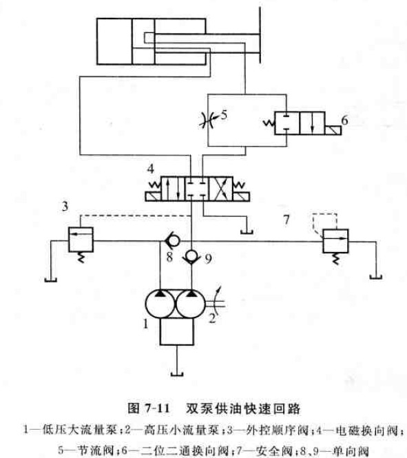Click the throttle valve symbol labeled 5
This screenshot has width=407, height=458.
pos(208,119)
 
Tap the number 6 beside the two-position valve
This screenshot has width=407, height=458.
pos(344,120)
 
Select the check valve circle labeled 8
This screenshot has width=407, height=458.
pos(172,240)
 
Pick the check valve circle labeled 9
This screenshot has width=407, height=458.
pos(191,256)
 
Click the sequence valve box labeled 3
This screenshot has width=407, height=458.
pos(81,240)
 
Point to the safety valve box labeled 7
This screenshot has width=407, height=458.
pos(335,241)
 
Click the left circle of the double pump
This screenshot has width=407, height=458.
pos(160,304)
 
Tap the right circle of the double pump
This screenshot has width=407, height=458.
pos(191,304)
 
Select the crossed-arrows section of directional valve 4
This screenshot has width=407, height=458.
pos(221,189)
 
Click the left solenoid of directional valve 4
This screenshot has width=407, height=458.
pos(153,196)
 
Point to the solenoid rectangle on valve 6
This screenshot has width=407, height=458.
pos(333,130)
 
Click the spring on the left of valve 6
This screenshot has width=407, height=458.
pos(269,123)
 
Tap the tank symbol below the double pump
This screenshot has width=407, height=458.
pos(177,373)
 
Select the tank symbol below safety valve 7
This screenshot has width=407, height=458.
pos(376,277)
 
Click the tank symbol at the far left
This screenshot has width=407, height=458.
pos(51,280)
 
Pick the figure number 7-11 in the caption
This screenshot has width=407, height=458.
pos(158,408)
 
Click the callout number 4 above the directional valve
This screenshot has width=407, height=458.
pos(150,169)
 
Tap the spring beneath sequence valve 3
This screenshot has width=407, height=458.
pos(81,258)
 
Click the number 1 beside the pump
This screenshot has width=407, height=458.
pos(146,323)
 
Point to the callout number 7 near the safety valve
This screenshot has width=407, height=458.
pos(286,220)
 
